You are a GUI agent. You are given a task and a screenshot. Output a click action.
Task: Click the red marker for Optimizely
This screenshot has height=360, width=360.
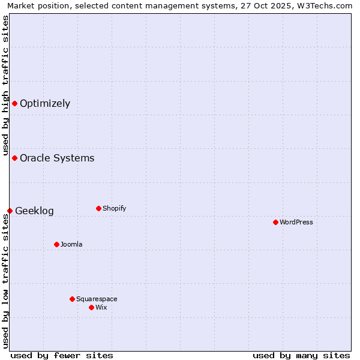click(14, 103)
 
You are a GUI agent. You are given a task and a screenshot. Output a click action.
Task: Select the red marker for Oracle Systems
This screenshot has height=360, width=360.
click(14, 158)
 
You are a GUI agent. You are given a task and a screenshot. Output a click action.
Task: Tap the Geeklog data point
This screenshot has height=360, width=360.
click(10, 211)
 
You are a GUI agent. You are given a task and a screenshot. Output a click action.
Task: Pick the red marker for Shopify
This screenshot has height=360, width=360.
click(98, 208)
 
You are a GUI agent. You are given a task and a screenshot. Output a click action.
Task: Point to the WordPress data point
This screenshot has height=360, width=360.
click(275, 222)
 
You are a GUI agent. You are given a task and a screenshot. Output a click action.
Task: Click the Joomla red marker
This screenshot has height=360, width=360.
click(56, 244)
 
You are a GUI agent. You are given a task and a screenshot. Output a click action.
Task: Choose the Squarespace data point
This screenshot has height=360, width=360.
click(72, 299)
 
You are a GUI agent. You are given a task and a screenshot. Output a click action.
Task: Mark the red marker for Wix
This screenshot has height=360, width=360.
click(91, 307)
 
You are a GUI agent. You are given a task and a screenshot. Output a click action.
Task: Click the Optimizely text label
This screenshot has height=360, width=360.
click(45, 103)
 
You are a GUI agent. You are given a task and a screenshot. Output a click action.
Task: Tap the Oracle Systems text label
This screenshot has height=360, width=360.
click(57, 158)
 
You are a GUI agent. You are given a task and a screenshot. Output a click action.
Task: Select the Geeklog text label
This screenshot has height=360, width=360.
click(34, 211)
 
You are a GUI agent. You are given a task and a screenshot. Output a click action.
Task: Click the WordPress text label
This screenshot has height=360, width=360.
click(296, 222)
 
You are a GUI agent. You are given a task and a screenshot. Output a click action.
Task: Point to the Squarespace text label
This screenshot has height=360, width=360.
click(97, 299)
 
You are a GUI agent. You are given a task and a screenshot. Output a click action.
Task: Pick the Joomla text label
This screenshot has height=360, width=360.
click(71, 244)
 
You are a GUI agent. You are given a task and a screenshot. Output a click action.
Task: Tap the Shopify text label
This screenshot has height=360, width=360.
click(114, 208)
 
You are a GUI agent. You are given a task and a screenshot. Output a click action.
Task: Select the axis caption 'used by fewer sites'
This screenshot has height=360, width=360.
click(62, 355)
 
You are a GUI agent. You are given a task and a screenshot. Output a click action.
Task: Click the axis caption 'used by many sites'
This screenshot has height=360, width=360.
click(301, 355)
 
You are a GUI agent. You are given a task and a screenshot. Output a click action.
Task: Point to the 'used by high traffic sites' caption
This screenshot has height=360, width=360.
click(5, 86)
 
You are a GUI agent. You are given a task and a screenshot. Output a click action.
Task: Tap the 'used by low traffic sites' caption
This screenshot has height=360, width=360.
click(5, 280)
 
